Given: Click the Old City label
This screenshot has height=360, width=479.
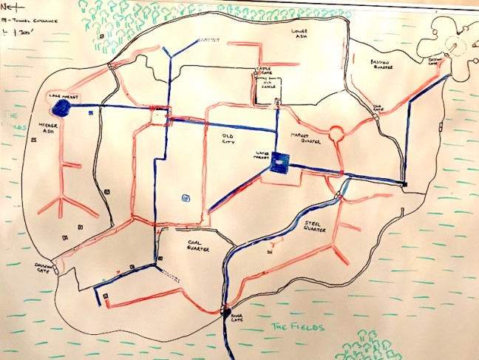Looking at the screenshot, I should (231, 138).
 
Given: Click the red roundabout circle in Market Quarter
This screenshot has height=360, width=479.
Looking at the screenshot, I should (338, 134).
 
